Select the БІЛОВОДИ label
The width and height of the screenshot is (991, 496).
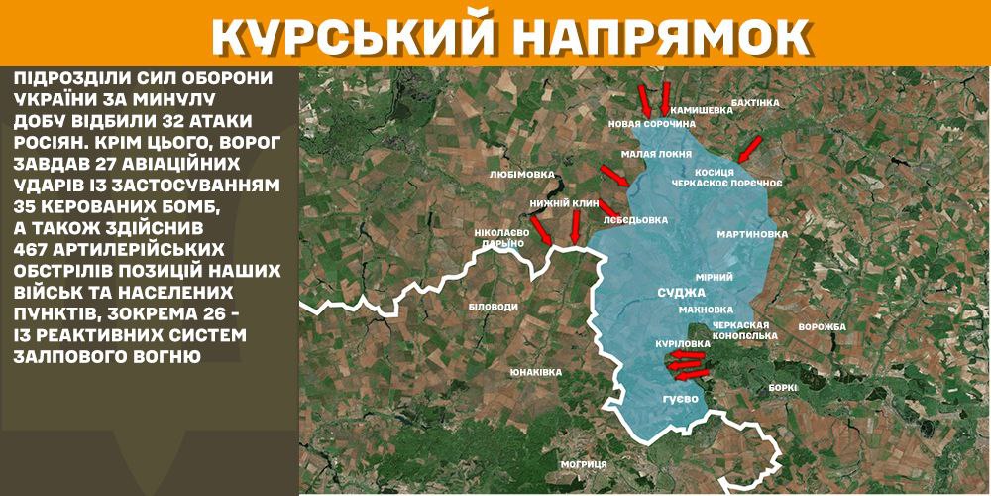coord(493,307)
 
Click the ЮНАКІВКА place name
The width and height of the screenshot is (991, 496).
coord(536,372)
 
